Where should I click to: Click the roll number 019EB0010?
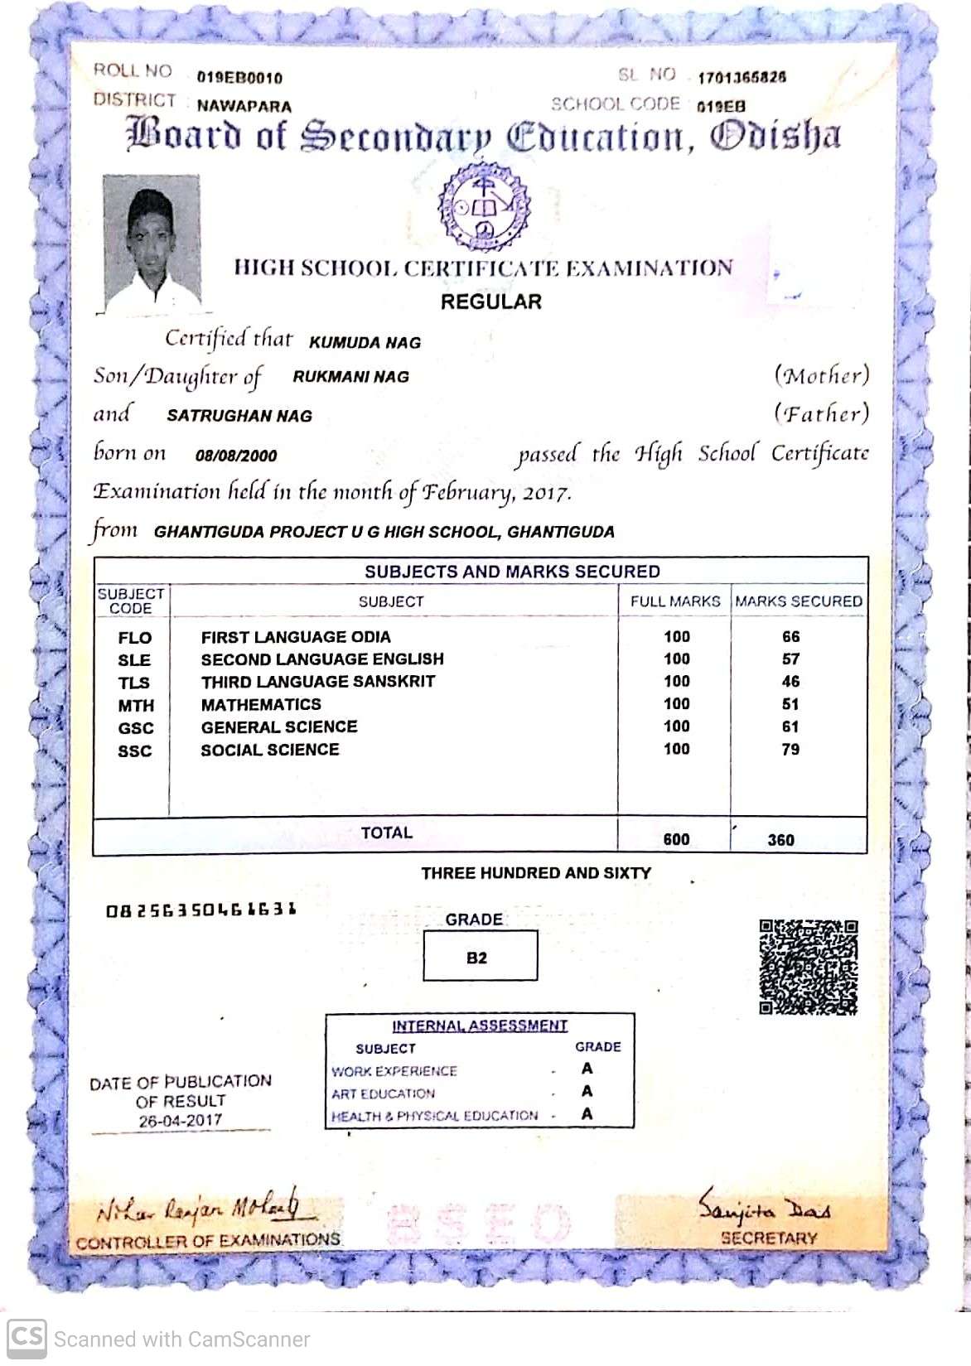tap(239, 78)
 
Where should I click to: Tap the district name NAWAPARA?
tap(244, 106)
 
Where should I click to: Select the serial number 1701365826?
tap(742, 78)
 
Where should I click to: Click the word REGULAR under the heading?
tap(490, 302)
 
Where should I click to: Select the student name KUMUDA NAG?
tap(365, 342)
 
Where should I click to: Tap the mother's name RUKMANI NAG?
tap(350, 377)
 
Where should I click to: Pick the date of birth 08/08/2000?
tap(236, 455)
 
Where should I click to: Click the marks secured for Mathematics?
tap(790, 704)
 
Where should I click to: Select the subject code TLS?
tap(134, 683)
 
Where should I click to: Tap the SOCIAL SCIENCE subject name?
tap(270, 750)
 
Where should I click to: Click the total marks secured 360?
tap(780, 839)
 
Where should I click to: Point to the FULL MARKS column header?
tap(675, 601)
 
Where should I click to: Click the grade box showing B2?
tap(480, 956)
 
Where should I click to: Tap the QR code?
tap(809, 966)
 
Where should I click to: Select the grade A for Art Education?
tap(587, 1091)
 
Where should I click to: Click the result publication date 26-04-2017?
tap(181, 1121)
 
